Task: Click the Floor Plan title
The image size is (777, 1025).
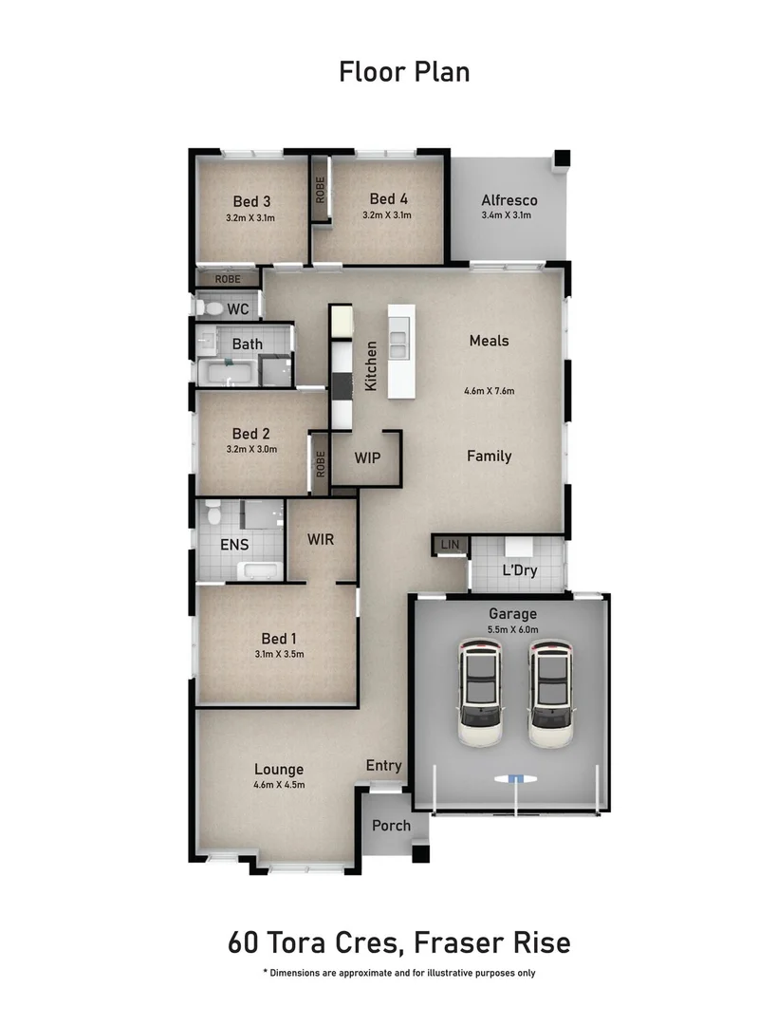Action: click(404, 71)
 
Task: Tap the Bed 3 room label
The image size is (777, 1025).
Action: click(251, 201)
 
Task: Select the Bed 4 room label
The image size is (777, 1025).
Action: click(388, 199)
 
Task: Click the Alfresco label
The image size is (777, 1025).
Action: click(509, 200)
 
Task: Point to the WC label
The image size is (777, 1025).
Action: click(237, 309)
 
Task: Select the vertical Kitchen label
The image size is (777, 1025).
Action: click(371, 367)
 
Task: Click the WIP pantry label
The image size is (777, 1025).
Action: click(367, 457)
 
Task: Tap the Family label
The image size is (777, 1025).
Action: click(489, 456)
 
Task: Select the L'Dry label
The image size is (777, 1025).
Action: click(518, 571)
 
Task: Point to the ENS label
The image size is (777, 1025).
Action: click(234, 545)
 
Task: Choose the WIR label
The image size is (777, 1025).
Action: click(320, 539)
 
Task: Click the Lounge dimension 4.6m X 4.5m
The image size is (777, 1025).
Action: click(279, 785)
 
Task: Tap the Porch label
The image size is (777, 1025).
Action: click(391, 825)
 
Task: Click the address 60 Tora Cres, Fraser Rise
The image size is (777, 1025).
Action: click(399, 943)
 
